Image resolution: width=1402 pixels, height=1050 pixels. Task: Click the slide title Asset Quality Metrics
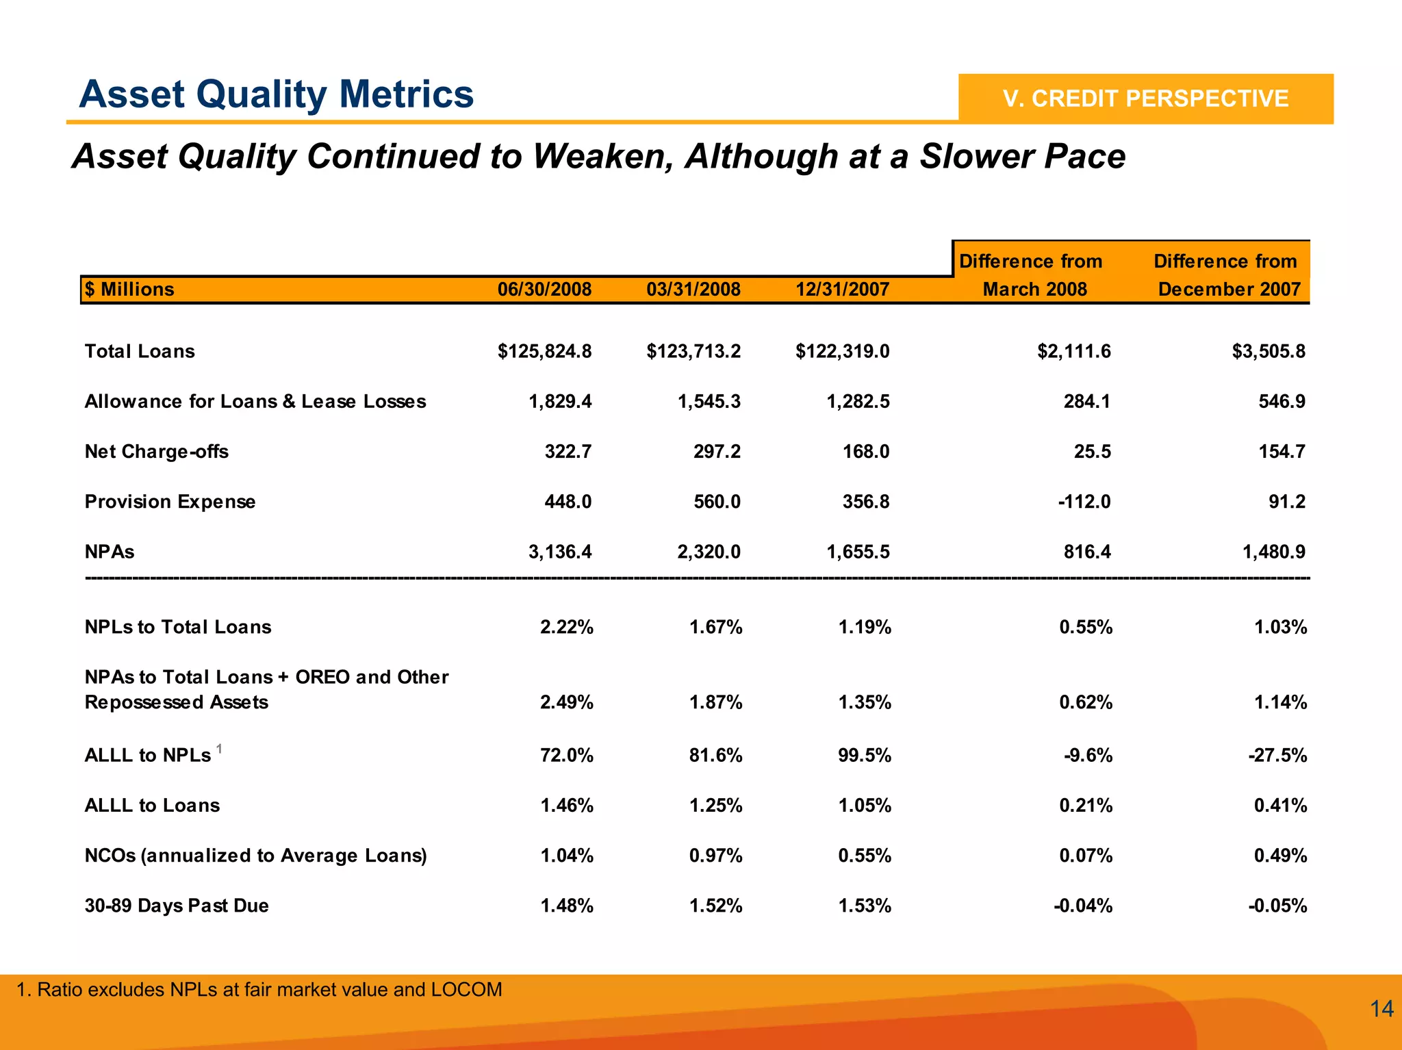pyautogui.click(x=276, y=94)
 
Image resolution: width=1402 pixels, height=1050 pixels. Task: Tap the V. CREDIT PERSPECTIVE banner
pyautogui.click(x=1145, y=99)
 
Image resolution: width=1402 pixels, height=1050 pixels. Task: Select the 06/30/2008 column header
pyautogui.click(x=544, y=290)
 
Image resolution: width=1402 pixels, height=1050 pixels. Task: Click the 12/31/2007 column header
pyautogui.click(x=842, y=290)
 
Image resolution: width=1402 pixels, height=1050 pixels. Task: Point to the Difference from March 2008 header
pyautogui.click(x=1032, y=275)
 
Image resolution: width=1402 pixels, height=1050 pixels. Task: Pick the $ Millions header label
pyautogui.click(x=129, y=290)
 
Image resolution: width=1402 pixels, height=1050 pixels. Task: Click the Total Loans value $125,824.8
pyautogui.click(x=544, y=352)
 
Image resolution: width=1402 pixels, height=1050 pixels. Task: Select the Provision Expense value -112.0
pyautogui.click(x=1084, y=502)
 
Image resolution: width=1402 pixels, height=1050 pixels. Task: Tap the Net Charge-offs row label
pyautogui.click(x=156, y=452)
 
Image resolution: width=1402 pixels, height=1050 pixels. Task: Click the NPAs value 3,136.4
pyautogui.click(x=560, y=552)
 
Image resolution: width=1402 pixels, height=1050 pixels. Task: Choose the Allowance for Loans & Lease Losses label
pyautogui.click(x=255, y=402)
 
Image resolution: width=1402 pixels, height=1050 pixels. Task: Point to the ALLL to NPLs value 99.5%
pyautogui.click(x=865, y=755)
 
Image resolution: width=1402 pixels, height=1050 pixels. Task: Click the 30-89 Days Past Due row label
pyautogui.click(x=177, y=906)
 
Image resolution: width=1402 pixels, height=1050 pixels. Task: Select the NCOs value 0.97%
pyautogui.click(x=715, y=856)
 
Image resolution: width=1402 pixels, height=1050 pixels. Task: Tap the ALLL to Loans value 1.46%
pyautogui.click(x=567, y=806)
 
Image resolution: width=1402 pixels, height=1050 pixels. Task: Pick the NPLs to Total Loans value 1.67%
pyautogui.click(x=715, y=627)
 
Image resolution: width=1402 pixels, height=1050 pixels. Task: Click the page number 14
pyautogui.click(x=1381, y=1008)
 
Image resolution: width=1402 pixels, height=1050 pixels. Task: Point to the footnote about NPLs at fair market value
pyautogui.click(x=259, y=990)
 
